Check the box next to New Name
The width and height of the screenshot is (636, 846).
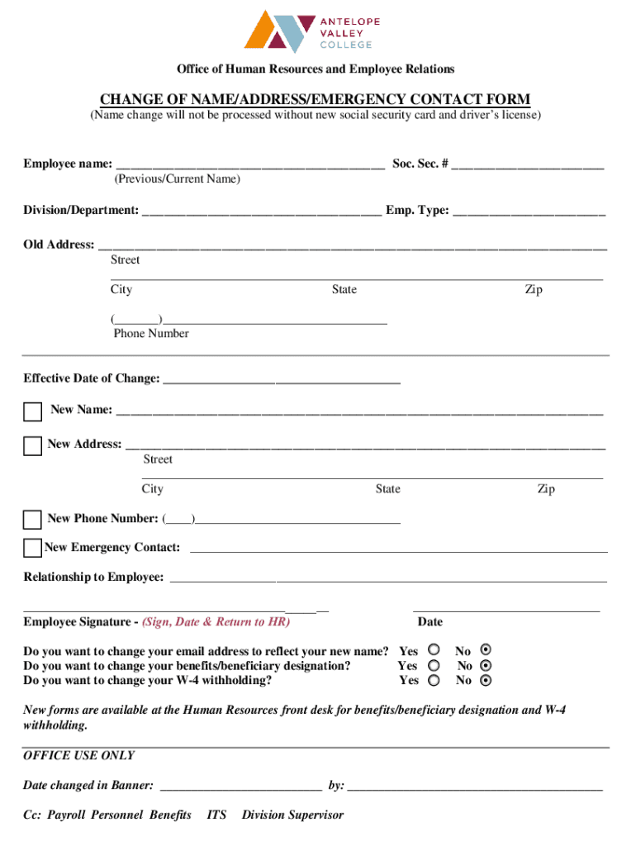pos(33,412)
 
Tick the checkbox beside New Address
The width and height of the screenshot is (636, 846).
pos(32,447)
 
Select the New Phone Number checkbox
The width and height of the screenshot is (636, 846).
pos(32,520)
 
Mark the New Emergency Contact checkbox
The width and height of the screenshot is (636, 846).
pos(32,548)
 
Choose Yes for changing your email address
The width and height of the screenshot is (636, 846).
pos(434,650)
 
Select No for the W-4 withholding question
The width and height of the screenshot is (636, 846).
pos(486,681)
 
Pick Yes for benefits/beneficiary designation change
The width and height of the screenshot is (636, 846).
pos(434,665)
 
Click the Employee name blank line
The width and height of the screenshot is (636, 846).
pos(250,165)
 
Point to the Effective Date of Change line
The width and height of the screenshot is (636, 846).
pos(282,380)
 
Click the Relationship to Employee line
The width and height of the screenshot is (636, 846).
pos(388,578)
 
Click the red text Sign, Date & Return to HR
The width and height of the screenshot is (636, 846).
pos(216,622)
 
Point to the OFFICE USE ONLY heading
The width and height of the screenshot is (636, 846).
pos(78,756)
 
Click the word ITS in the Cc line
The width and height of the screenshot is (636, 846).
pos(217,815)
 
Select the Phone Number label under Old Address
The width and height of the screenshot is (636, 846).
pos(151,334)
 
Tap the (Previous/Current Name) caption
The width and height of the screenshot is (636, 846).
pos(178,179)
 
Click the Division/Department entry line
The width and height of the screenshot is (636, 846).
pos(262,212)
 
